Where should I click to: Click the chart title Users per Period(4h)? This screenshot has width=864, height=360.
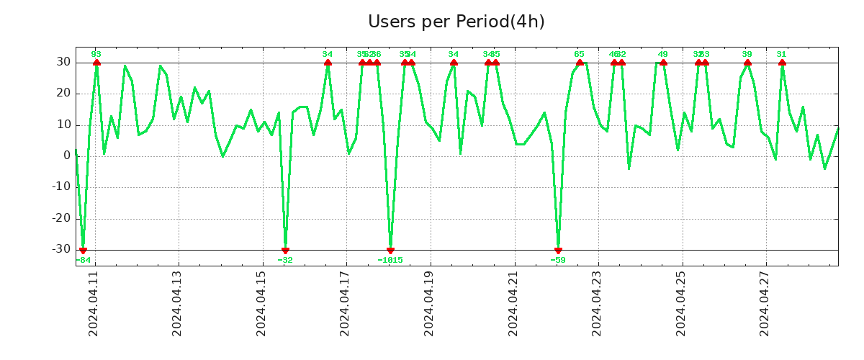pyautogui.click(x=456, y=22)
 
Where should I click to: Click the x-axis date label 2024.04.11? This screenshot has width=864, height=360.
pyautogui.click(x=94, y=303)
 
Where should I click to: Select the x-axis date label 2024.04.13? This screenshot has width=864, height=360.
pyautogui.click(x=178, y=303)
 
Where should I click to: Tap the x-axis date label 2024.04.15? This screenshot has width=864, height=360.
pyautogui.click(x=261, y=303)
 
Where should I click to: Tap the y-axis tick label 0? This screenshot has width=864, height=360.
pyautogui.click(x=66, y=156)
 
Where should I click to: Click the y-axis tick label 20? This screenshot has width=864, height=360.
pyautogui.click(x=63, y=94)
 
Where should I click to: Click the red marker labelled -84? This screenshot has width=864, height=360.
pyautogui.click(x=83, y=250)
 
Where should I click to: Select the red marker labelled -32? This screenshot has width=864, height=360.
pyautogui.click(x=285, y=250)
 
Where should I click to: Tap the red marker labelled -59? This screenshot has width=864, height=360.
pyautogui.click(x=558, y=250)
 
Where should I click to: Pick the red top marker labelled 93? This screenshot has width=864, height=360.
pyautogui.click(x=96, y=63)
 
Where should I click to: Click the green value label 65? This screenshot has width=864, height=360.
pyautogui.click(x=579, y=54)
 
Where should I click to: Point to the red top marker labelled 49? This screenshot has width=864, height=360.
pyautogui.click(x=663, y=63)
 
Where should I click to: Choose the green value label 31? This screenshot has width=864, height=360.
pyautogui.click(x=781, y=54)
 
